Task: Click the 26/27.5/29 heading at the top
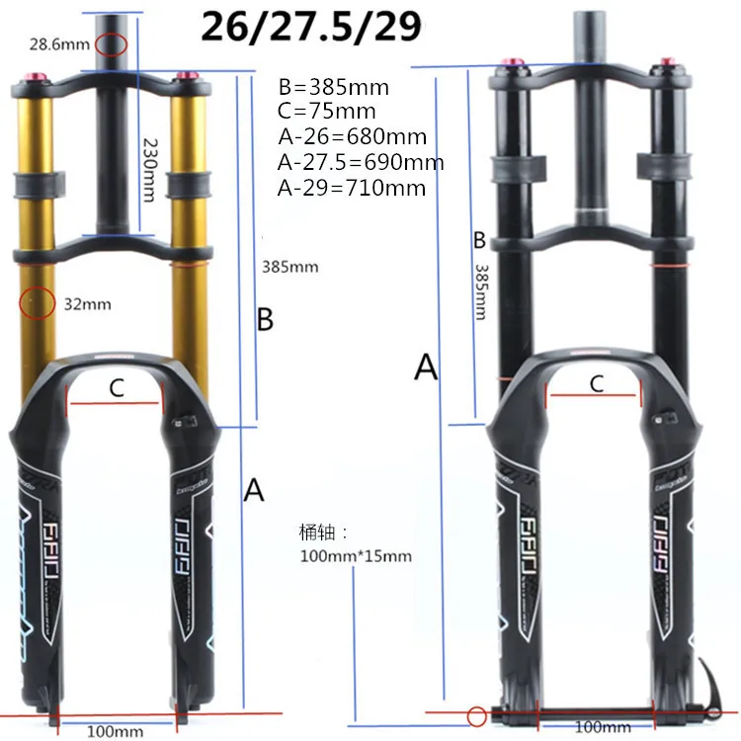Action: point(311,26)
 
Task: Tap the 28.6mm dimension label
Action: point(59,44)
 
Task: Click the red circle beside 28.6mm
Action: point(112,44)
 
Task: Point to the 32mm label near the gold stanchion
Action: point(87,304)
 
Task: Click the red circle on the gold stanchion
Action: point(38,303)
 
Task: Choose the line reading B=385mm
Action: point(326,86)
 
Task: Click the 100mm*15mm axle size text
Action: point(355,556)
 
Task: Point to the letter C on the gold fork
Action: point(116,389)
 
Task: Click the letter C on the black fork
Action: point(596,384)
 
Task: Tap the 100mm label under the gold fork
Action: point(115,731)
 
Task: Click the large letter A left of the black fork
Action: point(426,367)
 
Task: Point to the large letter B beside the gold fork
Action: point(265,319)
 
